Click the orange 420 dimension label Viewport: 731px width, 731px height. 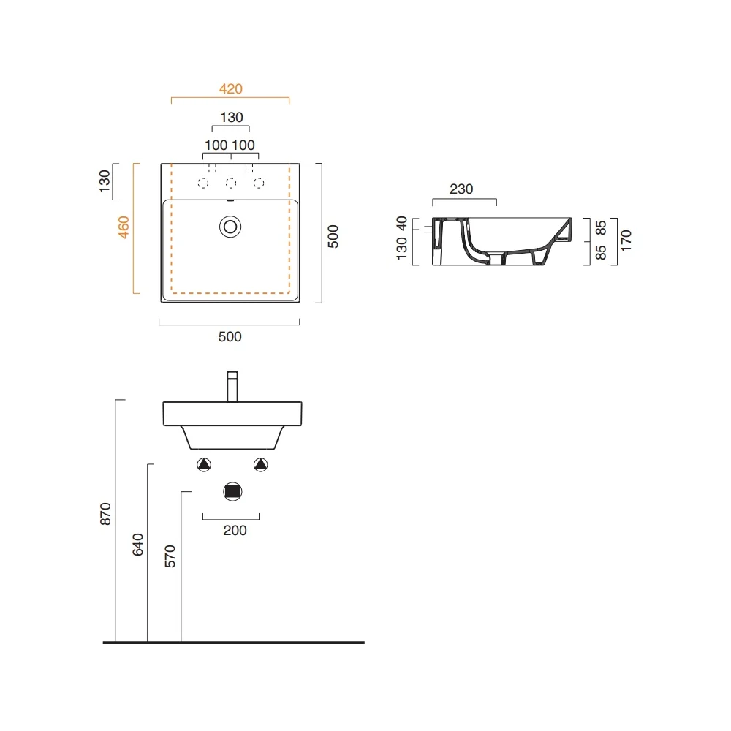231,88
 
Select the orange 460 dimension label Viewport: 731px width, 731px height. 124,227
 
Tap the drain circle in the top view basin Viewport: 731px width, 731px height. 230,227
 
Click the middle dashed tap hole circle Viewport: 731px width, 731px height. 231,183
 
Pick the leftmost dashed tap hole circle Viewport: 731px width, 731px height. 202,183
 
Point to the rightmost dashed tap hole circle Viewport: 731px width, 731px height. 259,183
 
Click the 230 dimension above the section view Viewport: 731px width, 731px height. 461,189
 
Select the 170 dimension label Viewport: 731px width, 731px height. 626,240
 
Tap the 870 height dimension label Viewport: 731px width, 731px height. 106,514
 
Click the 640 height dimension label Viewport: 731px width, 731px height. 138,545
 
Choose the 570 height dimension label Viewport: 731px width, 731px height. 170,556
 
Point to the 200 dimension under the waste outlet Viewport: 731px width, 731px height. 235,530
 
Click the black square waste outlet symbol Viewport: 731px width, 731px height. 232,492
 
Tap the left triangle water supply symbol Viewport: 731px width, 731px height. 204,464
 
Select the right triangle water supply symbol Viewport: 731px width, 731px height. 261,464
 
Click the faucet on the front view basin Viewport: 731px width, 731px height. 232,387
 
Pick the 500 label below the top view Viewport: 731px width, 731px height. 230,336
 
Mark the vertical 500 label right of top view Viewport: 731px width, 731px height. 333,236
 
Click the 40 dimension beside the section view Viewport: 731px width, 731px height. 401,223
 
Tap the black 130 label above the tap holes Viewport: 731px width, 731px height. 232,117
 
